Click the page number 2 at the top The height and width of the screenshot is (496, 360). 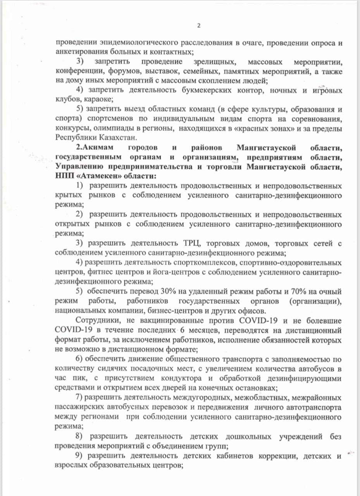198,26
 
